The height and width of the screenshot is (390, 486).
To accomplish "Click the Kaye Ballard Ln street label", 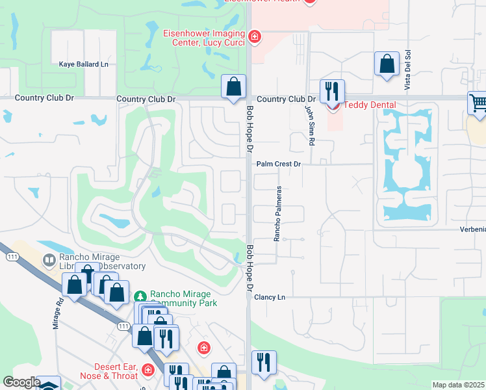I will coord(83,64).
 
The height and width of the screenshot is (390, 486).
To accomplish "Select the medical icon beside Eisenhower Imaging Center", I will coord(255,36).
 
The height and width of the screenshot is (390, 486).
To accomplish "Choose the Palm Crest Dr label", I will coord(278,164).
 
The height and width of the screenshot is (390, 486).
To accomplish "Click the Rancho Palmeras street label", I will coord(277,213).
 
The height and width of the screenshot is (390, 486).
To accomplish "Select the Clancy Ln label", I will coord(270,297).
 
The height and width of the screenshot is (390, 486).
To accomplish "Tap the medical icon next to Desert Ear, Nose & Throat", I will coord(148,370).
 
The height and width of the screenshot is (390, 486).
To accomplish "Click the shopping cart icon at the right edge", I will coord(478,103).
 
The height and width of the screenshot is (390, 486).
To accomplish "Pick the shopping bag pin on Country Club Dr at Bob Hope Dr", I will coord(233,86).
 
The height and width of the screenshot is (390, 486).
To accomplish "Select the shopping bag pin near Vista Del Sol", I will coord(387,64).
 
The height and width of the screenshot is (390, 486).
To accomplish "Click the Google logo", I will coord(21,382).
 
